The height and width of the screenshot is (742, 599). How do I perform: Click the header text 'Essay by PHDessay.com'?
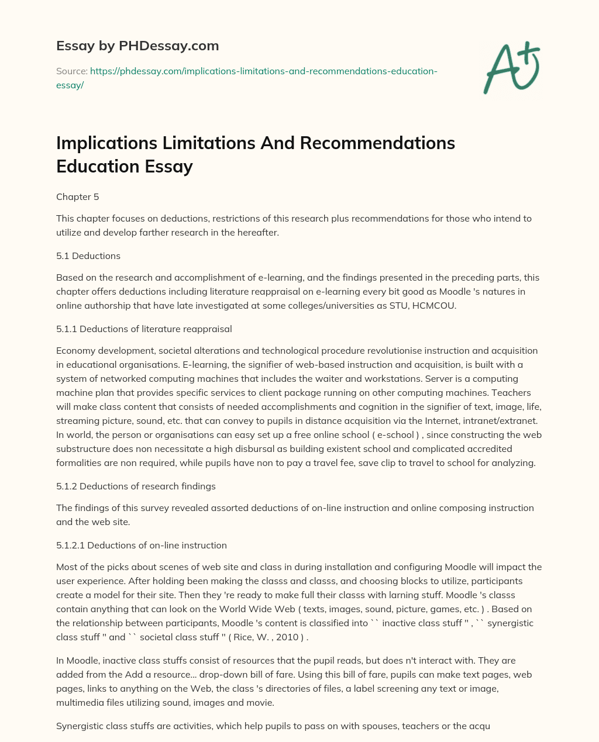(137, 45)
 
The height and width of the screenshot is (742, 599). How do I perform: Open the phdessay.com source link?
(263, 71)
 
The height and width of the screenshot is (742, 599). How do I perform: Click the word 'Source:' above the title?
(71, 71)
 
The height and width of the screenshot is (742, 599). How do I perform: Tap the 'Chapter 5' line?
(78, 197)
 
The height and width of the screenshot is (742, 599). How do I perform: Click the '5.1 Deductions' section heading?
(88, 256)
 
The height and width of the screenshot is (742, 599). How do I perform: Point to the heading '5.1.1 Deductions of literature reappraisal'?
(144, 329)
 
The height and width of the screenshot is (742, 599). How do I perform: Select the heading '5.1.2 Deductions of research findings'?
(136, 486)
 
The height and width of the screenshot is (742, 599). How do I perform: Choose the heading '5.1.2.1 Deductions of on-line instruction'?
(142, 545)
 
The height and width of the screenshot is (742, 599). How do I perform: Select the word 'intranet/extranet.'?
(502, 420)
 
